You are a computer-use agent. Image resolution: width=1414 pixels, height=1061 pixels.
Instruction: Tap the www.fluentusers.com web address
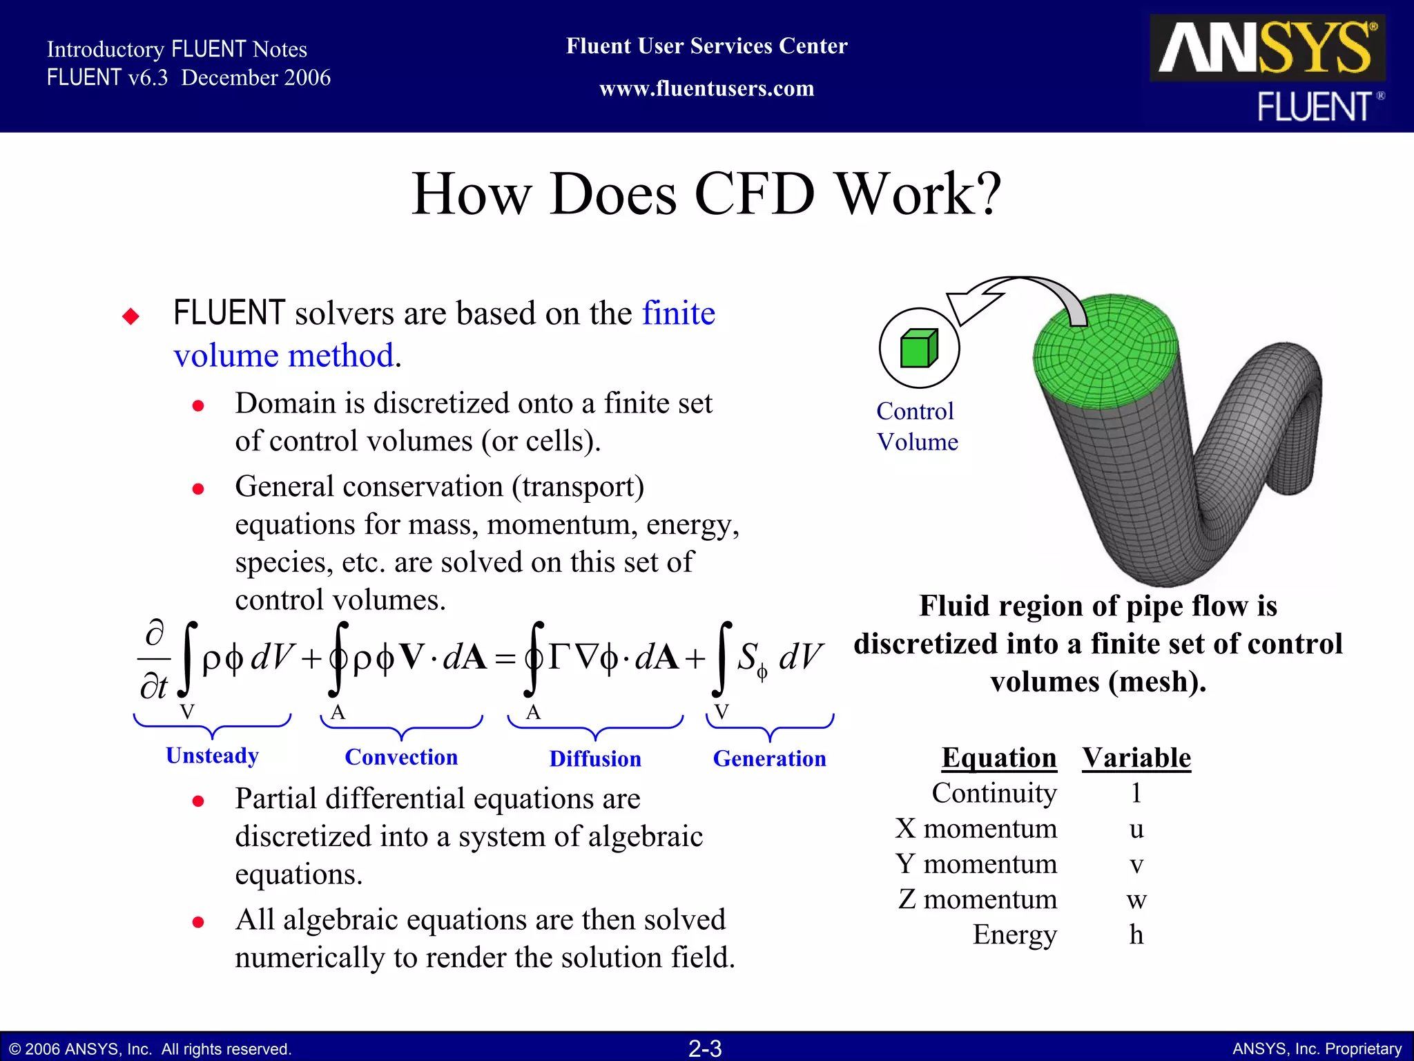tap(706, 89)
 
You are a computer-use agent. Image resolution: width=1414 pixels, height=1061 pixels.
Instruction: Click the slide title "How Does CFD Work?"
tap(706, 194)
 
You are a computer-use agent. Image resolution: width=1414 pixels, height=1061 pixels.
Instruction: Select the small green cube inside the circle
tap(918, 348)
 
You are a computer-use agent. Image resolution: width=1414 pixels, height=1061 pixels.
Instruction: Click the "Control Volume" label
tap(917, 426)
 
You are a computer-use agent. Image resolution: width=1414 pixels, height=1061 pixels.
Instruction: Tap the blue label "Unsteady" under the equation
tap(212, 756)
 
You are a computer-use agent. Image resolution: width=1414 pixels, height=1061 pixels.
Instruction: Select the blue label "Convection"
tap(401, 757)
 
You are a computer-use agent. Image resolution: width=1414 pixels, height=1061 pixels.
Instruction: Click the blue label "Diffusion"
tap(595, 758)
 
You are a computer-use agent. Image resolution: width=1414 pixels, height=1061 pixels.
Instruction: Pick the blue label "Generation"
tap(769, 758)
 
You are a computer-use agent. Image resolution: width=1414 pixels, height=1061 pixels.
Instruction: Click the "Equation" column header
tap(998, 758)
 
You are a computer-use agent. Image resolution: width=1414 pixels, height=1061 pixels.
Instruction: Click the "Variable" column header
tap(1136, 758)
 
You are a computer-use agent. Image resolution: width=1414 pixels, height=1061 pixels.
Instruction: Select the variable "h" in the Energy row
tap(1136, 935)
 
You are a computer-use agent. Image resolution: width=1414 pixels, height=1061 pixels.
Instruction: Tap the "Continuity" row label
tap(994, 793)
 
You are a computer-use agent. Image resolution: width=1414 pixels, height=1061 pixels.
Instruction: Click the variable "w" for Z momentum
tap(1136, 899)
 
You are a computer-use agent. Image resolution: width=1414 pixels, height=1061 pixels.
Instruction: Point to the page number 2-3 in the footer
tap(705, 1049)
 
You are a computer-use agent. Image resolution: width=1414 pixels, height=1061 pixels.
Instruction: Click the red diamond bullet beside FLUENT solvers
tap(130, 316)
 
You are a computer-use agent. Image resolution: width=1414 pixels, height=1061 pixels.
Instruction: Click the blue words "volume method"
tap(284, 356)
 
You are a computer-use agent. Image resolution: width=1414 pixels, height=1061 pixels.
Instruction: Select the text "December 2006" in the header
tap(255, 77)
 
